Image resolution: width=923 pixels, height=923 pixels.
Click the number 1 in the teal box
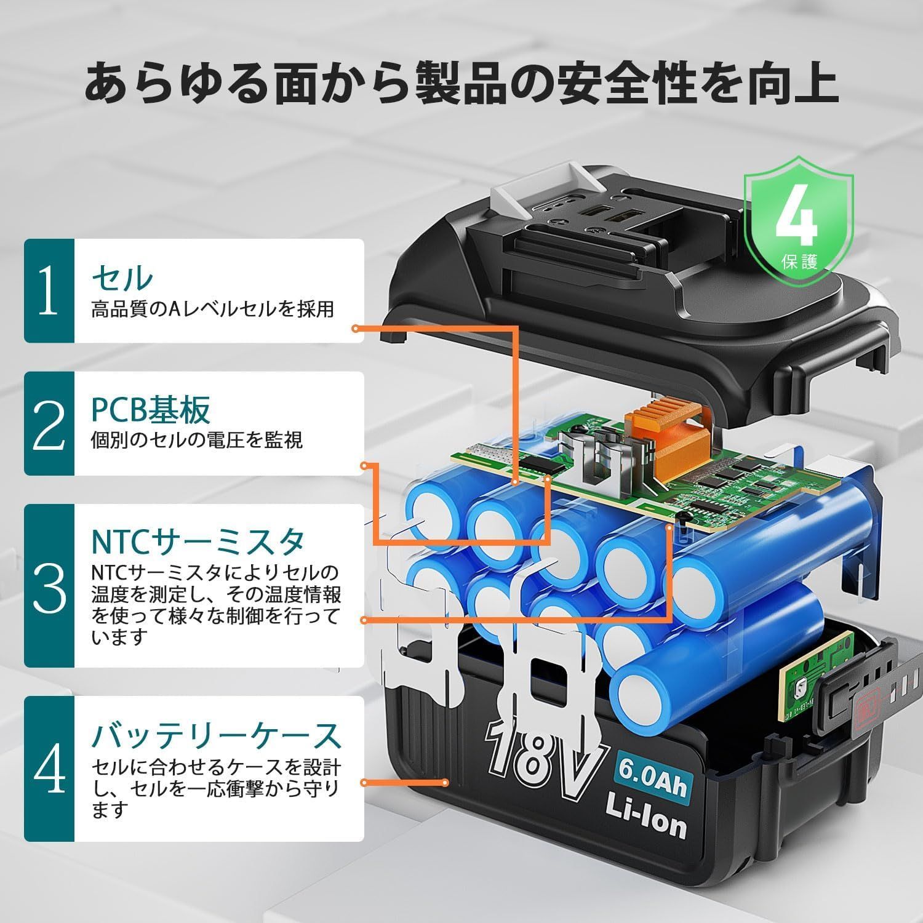pos(49,291)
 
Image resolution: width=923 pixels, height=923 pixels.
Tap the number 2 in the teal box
pos(49,424)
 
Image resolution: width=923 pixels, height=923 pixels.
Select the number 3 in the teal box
pos(49,586)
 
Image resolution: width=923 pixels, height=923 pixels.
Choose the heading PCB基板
pos(151,410)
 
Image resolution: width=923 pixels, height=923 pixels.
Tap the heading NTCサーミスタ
pos(198,541)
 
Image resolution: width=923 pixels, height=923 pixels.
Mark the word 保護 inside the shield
pos(800,261)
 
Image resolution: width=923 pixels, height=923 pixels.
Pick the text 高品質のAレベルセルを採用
pos(212,309)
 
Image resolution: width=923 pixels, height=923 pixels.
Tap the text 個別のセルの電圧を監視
pos(197,441)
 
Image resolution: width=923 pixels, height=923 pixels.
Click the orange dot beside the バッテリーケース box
pos(365,783)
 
